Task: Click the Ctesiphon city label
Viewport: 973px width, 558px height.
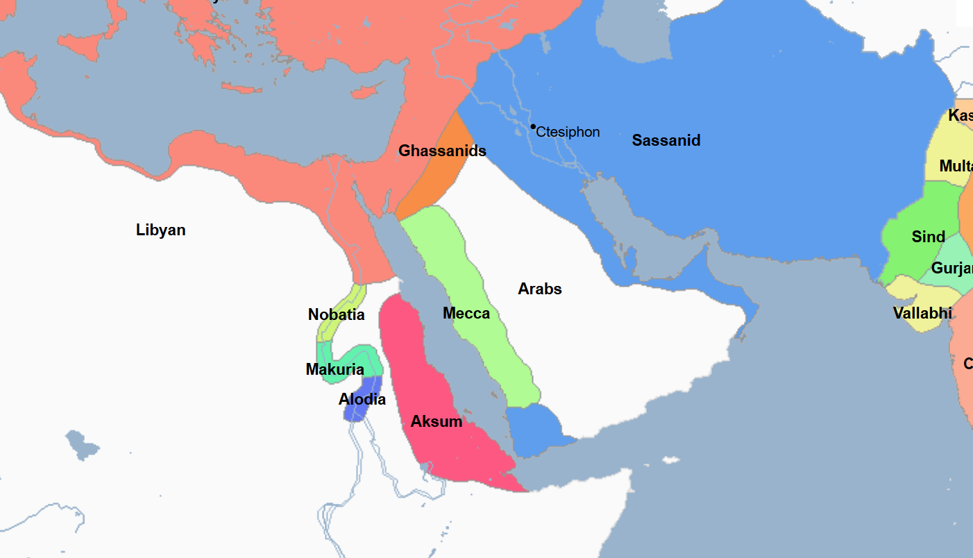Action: point(568,132)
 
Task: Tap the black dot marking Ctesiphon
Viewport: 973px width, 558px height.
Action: point(533,126)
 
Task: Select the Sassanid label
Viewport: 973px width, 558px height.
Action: point(666,140)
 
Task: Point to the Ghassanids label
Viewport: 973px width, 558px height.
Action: point(442,151)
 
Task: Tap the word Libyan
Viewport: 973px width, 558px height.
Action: point(160,230)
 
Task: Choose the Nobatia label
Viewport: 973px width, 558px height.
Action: point(336,314)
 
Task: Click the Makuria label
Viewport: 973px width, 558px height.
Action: point(335,369)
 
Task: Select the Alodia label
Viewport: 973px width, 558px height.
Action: point(362,399)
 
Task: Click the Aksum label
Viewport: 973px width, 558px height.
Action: point(436,421)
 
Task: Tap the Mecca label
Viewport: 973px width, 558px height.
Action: point(466,313)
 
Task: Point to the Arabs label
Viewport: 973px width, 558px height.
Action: point(539,289)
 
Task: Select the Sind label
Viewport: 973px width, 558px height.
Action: point(928,237)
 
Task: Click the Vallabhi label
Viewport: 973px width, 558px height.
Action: point(922,313)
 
